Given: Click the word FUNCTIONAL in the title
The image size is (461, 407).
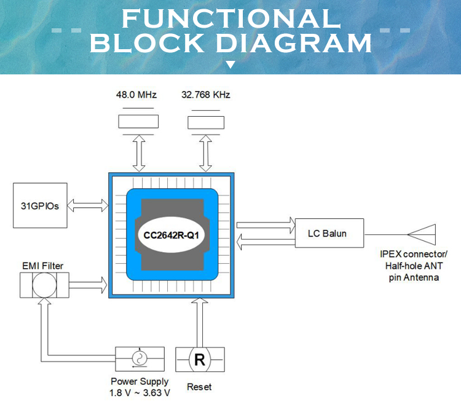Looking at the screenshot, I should (230, 18).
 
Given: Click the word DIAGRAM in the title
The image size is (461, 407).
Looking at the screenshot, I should (295, 44).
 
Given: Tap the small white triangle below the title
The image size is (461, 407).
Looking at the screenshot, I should (230, 64).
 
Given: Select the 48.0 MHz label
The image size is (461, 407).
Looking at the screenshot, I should (136, 95).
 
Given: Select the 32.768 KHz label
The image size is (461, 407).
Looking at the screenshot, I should (205, 95).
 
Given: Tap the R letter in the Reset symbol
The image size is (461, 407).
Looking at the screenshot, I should (200, 360).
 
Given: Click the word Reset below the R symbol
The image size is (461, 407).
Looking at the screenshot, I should (199, 387).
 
